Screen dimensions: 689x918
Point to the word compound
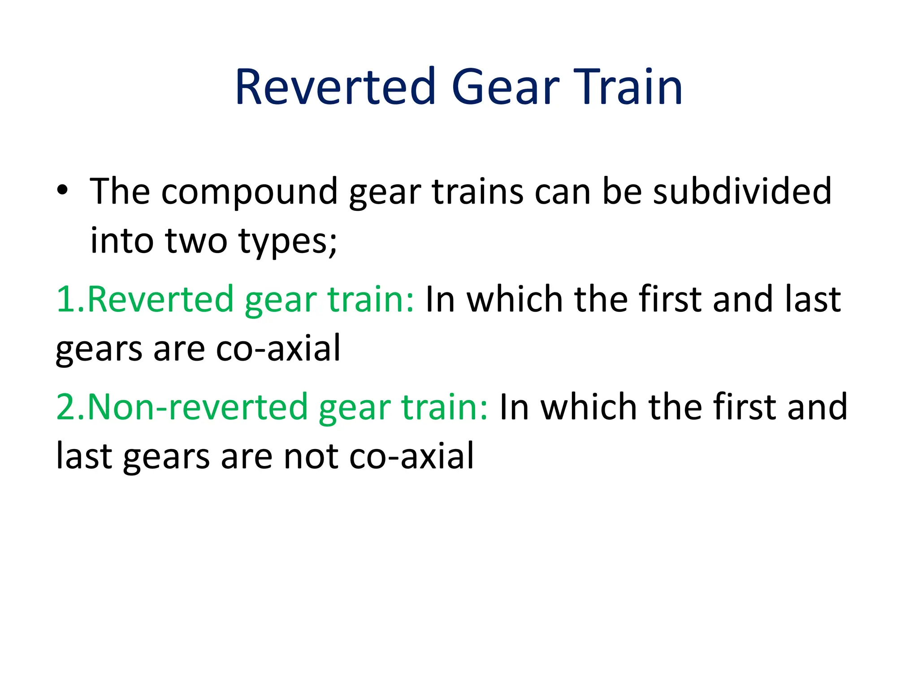(x=249, y=192)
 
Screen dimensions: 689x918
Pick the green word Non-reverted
(x=197, y=407)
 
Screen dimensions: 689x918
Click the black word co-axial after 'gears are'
(x=278, y=349)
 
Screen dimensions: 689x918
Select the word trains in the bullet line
(x=477, y=192)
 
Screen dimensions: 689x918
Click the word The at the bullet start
(x=120, y=192)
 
